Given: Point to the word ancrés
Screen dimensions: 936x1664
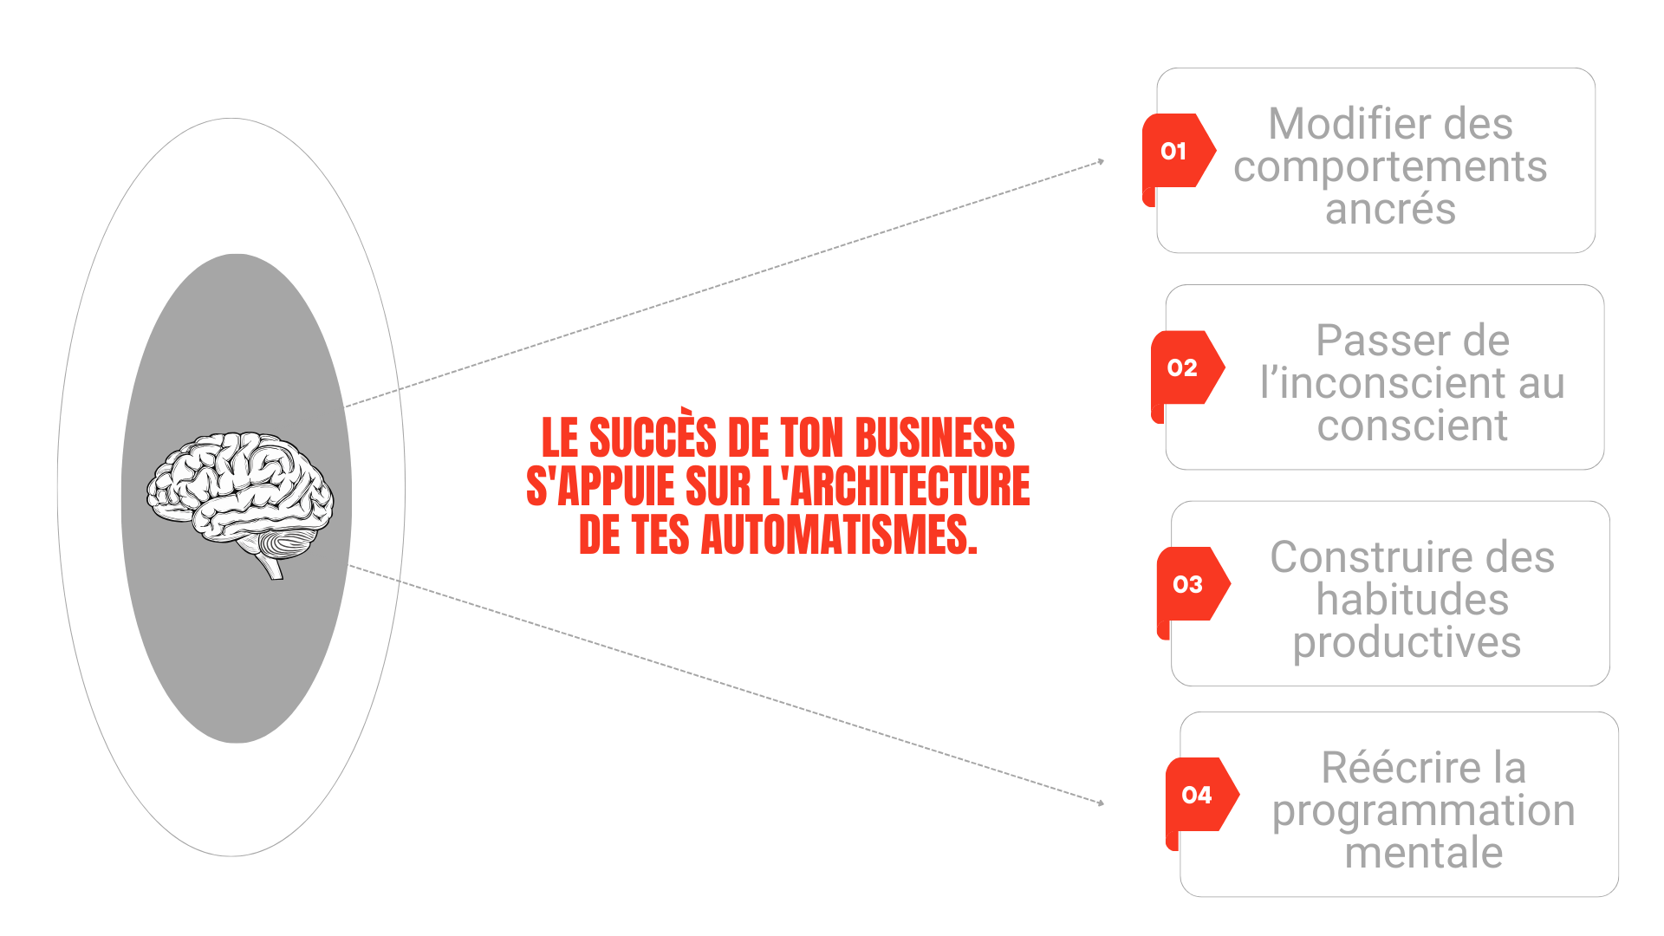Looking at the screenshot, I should [1390, 210].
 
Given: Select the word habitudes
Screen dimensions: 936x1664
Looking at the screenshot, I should [1412, 600].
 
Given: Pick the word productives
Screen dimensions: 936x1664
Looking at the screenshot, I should [1407, 643].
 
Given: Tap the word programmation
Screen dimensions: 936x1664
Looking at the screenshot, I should [1423, 811].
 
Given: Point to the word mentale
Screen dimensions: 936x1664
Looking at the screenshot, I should [1423, 853].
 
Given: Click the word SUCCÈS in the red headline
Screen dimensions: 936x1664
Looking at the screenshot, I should [653, 438].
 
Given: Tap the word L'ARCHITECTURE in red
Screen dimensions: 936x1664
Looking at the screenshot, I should [895, 486].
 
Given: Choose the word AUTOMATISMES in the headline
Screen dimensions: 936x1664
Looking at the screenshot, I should [838, 535].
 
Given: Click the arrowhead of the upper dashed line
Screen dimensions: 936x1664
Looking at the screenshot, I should [1101, 161].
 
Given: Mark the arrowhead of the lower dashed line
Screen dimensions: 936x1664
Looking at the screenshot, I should [1101, 803].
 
